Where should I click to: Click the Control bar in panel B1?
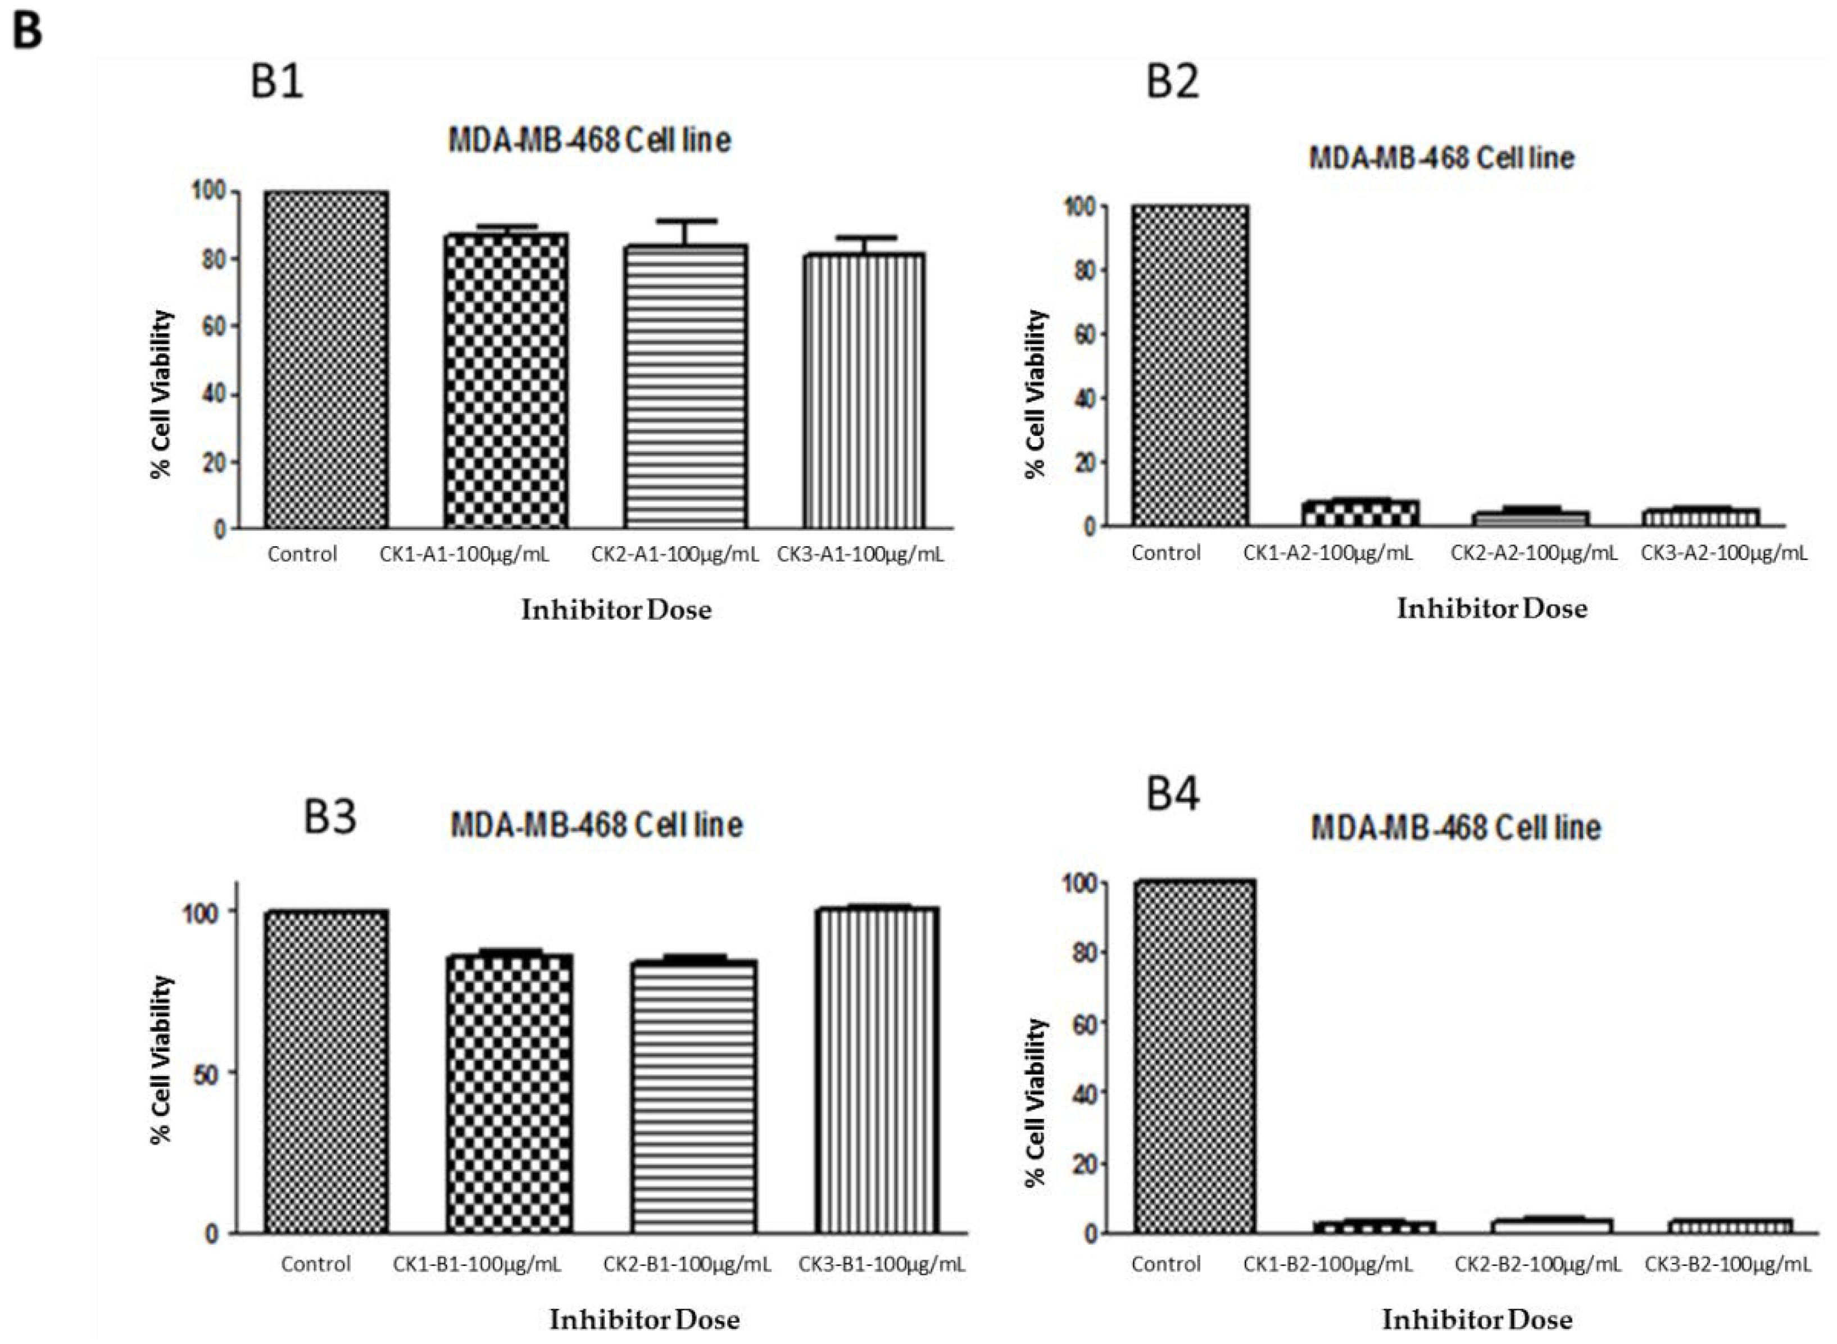(325, 360)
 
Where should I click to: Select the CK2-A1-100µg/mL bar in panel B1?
(685, 387)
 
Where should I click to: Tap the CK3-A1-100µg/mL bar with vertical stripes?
(864, 391)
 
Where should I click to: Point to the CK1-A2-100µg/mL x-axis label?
(1328, 553)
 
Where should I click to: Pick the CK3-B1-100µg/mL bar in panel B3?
(876, 1070)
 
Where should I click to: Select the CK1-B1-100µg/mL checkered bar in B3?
(509, 1094)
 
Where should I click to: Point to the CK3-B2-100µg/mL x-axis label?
(1728, 1264)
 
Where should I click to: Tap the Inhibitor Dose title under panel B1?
(616, 610)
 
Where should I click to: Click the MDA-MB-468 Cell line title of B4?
(1455, 828)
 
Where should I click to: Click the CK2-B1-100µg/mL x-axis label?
(687, 1264)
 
